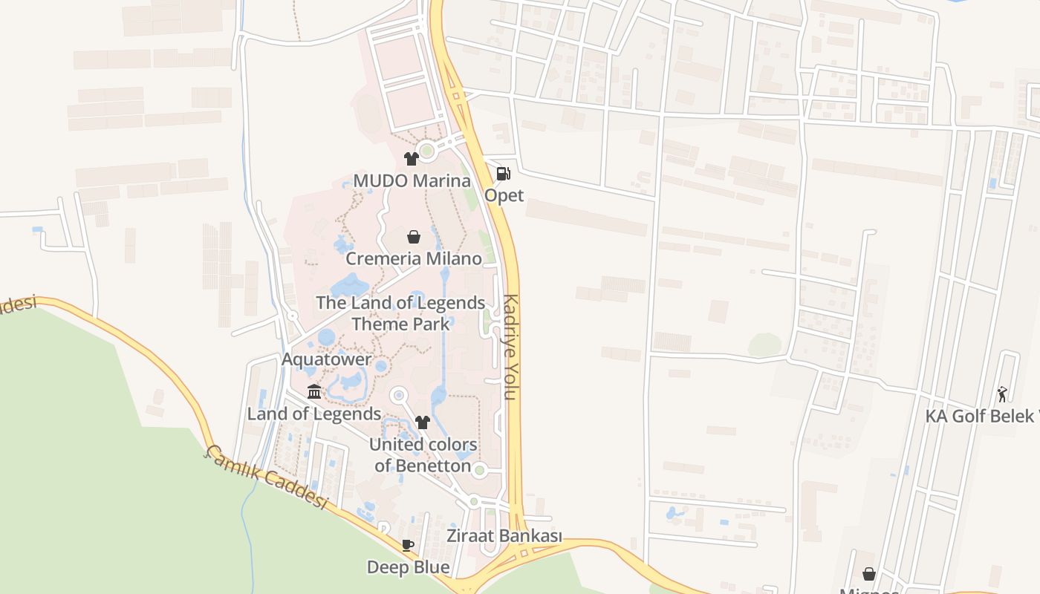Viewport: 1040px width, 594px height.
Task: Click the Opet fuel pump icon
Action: [503, 174]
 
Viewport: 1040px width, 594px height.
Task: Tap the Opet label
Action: [504, 195]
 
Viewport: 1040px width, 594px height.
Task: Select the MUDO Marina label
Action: [412, 181]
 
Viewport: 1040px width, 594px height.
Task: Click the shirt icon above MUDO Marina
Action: [411, 158]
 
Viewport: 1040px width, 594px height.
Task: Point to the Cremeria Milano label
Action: [413, 259]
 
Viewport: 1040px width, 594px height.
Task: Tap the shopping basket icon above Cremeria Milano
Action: [413, 237]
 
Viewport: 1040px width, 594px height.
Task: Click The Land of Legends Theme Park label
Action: [400, 313]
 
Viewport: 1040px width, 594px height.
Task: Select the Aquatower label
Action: [326, 359]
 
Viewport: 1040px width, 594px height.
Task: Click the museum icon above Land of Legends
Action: [314, 391]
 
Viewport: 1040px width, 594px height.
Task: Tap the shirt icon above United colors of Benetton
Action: [423, 422]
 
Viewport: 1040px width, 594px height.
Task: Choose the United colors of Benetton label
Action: [423, 455]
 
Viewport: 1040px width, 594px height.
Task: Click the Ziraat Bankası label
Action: [504, 536]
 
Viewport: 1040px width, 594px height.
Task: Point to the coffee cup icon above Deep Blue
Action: [408, 545]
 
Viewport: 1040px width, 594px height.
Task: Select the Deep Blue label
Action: [408, 568]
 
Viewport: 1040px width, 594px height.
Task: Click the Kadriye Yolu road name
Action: [510, 347]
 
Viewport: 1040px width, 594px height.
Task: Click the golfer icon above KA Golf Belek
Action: [1002, 394]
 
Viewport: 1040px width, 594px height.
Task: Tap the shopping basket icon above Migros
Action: [868, 574]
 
